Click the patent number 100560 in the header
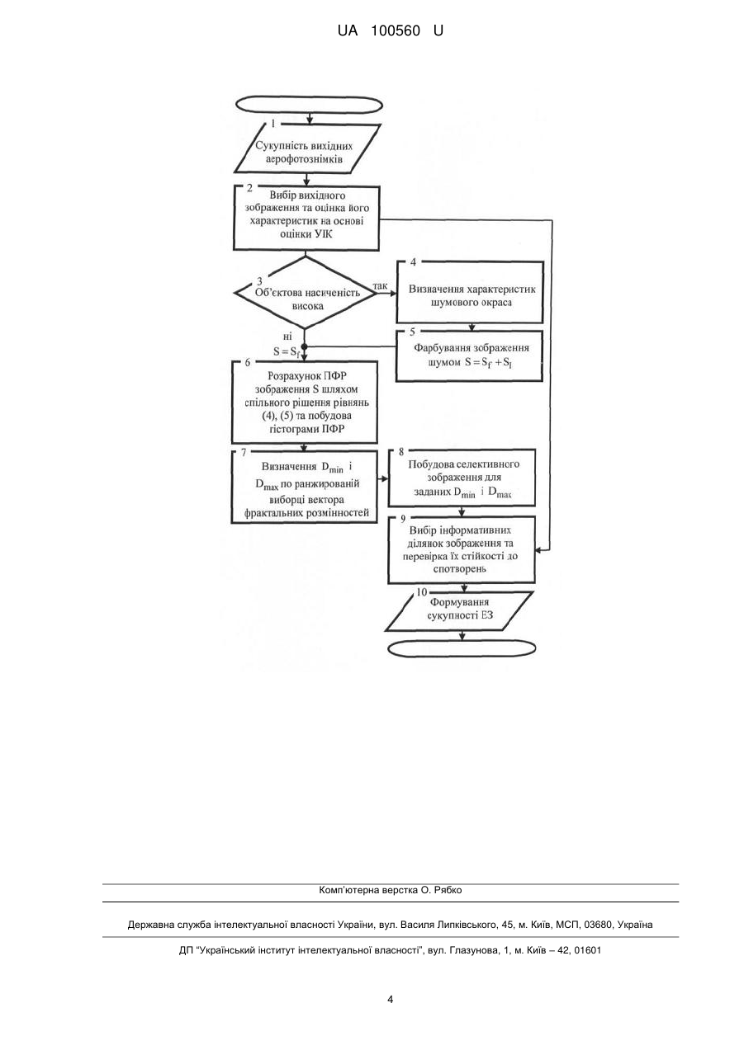[x=396, y=31]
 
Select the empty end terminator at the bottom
[x=462, y=648]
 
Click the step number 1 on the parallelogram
[x=273, y=124]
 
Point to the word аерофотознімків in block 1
[x=304, y=159]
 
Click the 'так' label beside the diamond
[x=380, y=285]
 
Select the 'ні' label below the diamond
[x=287, y=336]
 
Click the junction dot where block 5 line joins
[x=304, y=347]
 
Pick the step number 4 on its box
[x=413, y=262]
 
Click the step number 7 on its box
[x=243, y=452]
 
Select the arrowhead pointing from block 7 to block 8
[x=385, y=478]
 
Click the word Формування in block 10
[x=453, y=602]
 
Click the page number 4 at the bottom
[x=390, y=999]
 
